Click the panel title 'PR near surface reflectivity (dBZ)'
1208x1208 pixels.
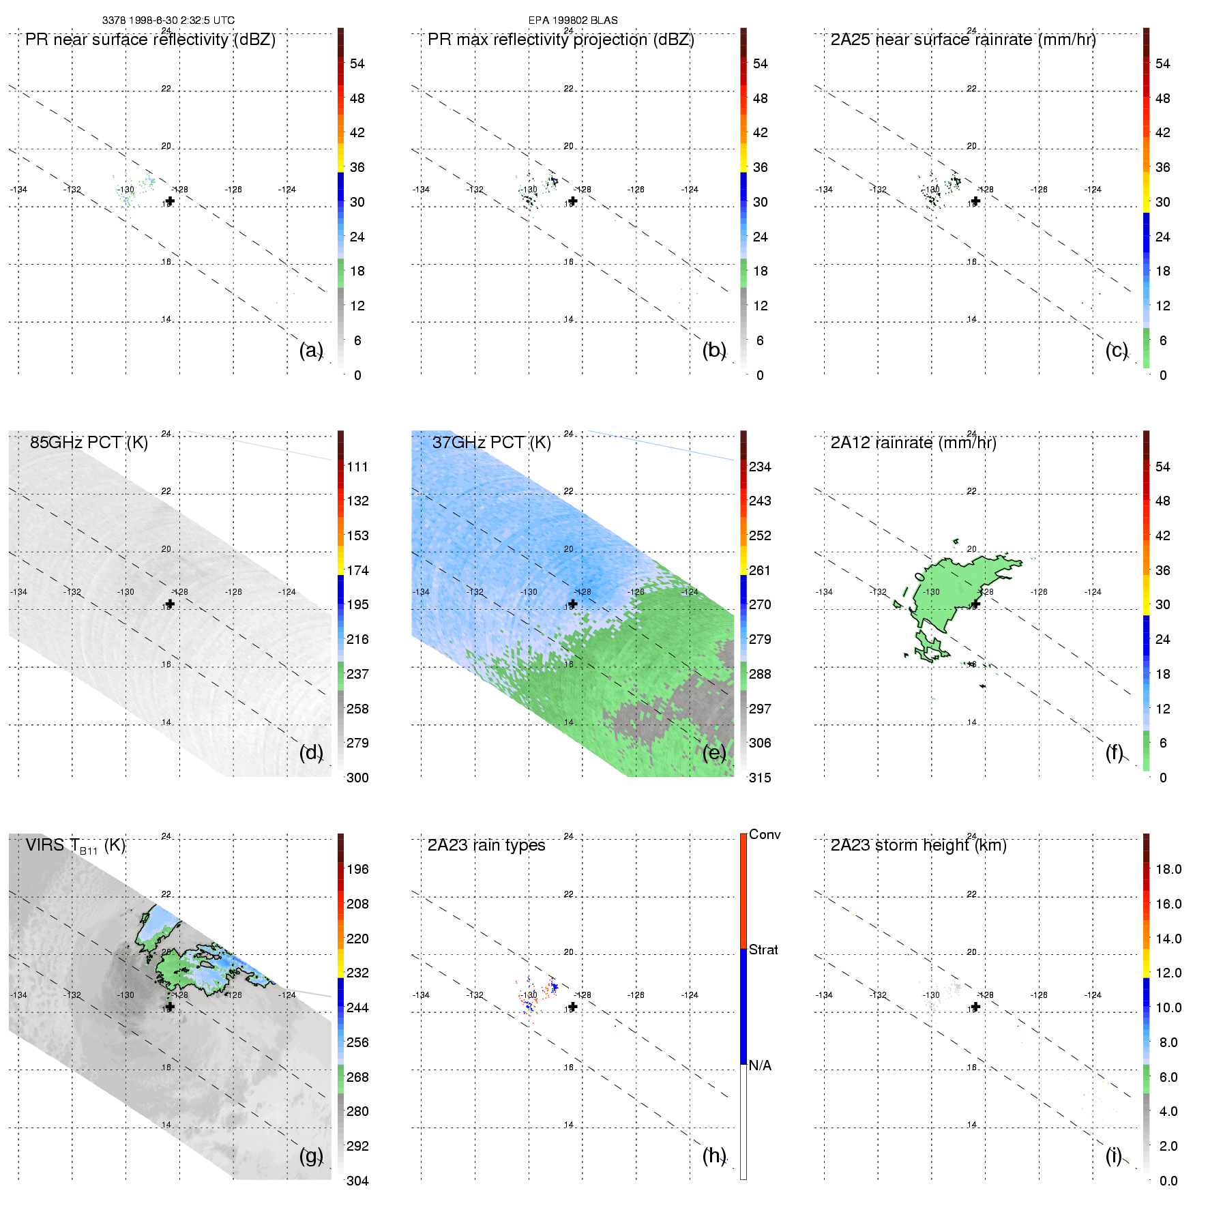150,40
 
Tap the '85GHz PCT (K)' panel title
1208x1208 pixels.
89,443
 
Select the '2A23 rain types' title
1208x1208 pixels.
486,845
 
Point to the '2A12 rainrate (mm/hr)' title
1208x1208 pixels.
913,443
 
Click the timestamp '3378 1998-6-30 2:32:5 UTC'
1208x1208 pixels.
168,20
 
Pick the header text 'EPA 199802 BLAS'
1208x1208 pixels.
573,20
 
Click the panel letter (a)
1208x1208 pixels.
311,350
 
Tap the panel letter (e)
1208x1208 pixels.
714,752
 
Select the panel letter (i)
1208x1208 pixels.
1113,1155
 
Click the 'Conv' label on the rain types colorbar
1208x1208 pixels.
765,834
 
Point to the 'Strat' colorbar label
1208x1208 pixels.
763,949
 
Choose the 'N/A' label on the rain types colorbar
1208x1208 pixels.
760,1065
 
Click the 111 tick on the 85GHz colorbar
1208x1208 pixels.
357,467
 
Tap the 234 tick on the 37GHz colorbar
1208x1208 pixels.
760,467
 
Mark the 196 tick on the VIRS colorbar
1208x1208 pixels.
357,869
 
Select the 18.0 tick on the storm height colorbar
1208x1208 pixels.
1168,869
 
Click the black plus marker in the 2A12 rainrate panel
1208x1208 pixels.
975,604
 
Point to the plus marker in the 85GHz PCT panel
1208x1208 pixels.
170,604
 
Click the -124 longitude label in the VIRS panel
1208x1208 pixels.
287,995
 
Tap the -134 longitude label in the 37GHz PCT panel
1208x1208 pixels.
421,592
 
